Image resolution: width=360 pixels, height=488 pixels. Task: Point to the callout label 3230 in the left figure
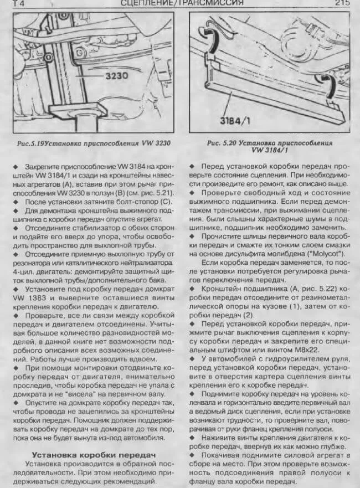(x=116, y=75)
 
